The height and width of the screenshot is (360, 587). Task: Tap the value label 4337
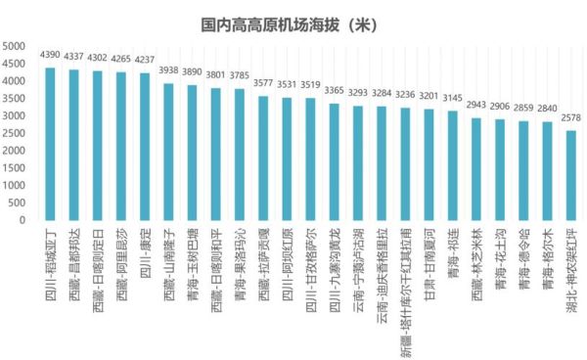[73, 56]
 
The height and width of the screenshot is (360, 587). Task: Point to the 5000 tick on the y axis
[17, 46]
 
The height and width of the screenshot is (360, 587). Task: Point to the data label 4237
[145, 60]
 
